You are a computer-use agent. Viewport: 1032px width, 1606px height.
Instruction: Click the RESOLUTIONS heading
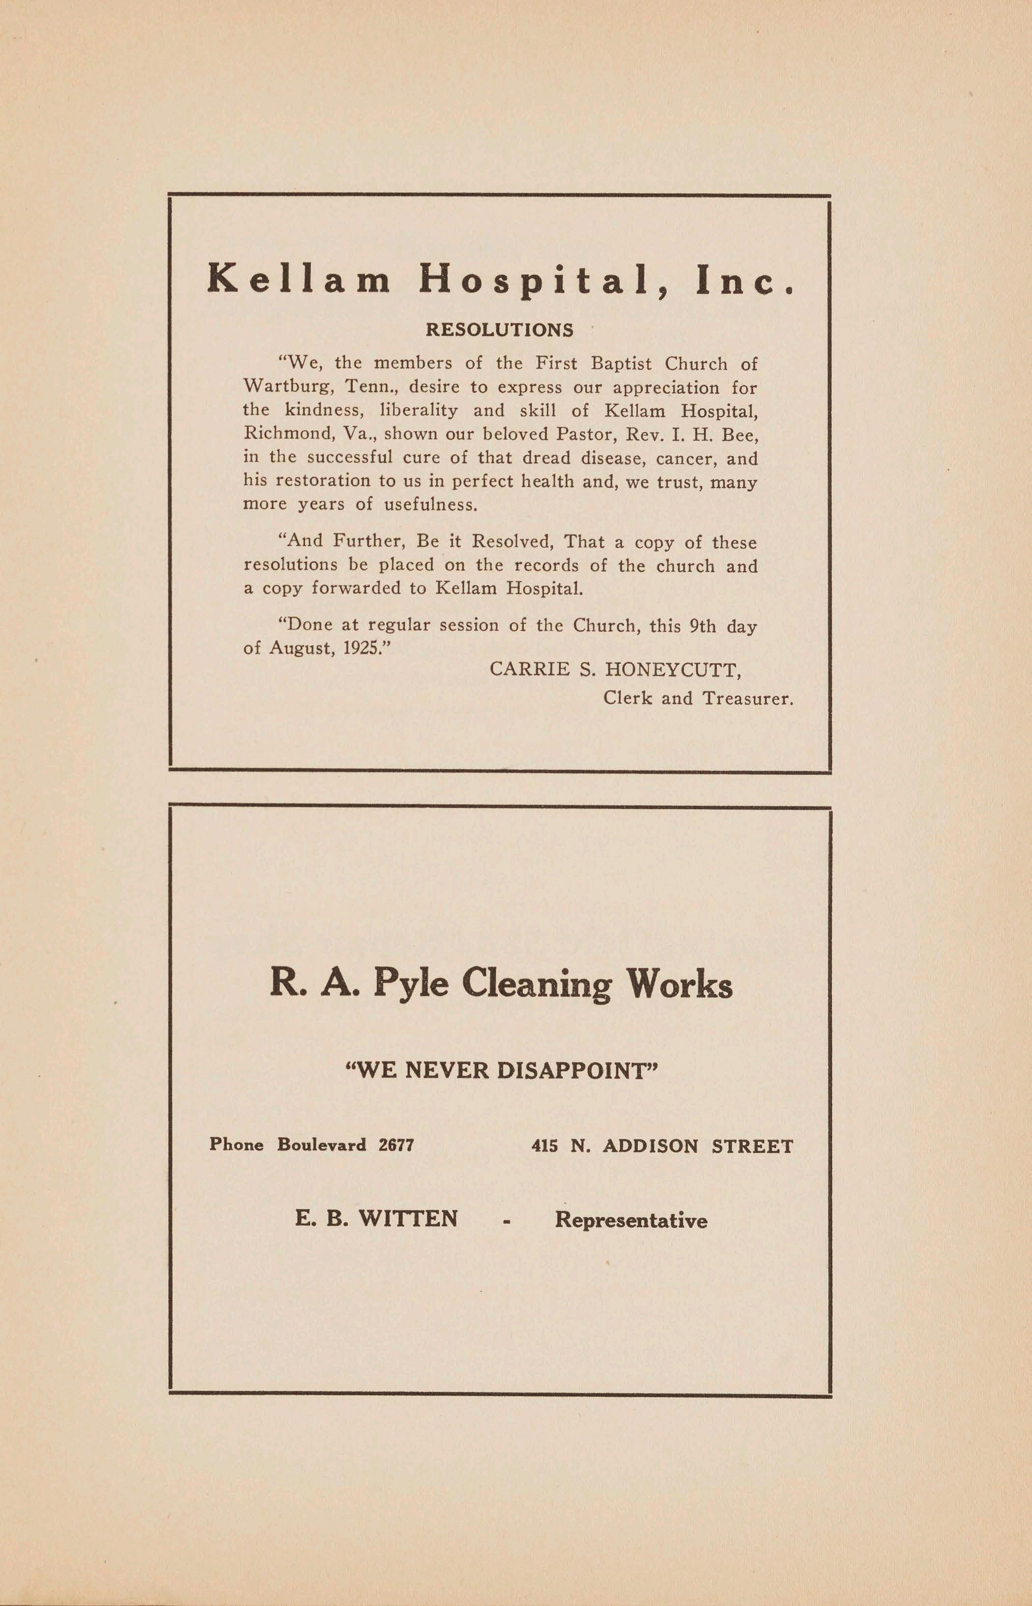click(499, 330)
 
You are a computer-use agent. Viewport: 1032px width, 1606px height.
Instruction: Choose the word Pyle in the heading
click(410, 985)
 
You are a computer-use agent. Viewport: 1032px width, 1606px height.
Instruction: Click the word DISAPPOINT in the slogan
click(573, 1071)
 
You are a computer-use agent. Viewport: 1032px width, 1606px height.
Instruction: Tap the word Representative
click(631, 1220)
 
